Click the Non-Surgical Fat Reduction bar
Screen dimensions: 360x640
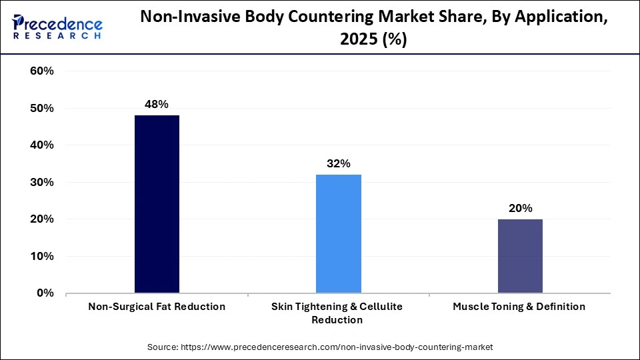click(157, 204)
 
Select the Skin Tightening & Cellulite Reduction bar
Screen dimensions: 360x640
click(338, 233)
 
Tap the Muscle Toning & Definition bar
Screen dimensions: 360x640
click(520, 256)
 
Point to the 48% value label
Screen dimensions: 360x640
click(157, 104)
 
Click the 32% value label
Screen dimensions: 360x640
click(338, 163)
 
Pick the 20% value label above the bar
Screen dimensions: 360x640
click(520, 208)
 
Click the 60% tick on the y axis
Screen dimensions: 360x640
click(42, 71)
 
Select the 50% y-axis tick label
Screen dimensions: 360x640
click(42, 108)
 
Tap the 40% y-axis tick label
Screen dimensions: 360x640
click(42, 145)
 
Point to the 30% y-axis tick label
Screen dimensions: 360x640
click(42, 182)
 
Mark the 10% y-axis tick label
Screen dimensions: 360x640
click(42, 256)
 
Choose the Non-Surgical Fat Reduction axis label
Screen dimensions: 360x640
click(157, 307)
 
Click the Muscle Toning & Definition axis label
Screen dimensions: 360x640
click(519, 307)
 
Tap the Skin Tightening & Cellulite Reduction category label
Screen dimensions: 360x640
click(338, 313)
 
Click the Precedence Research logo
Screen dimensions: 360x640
click(57, 27)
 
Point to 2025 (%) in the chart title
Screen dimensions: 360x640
click(374, 40)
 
